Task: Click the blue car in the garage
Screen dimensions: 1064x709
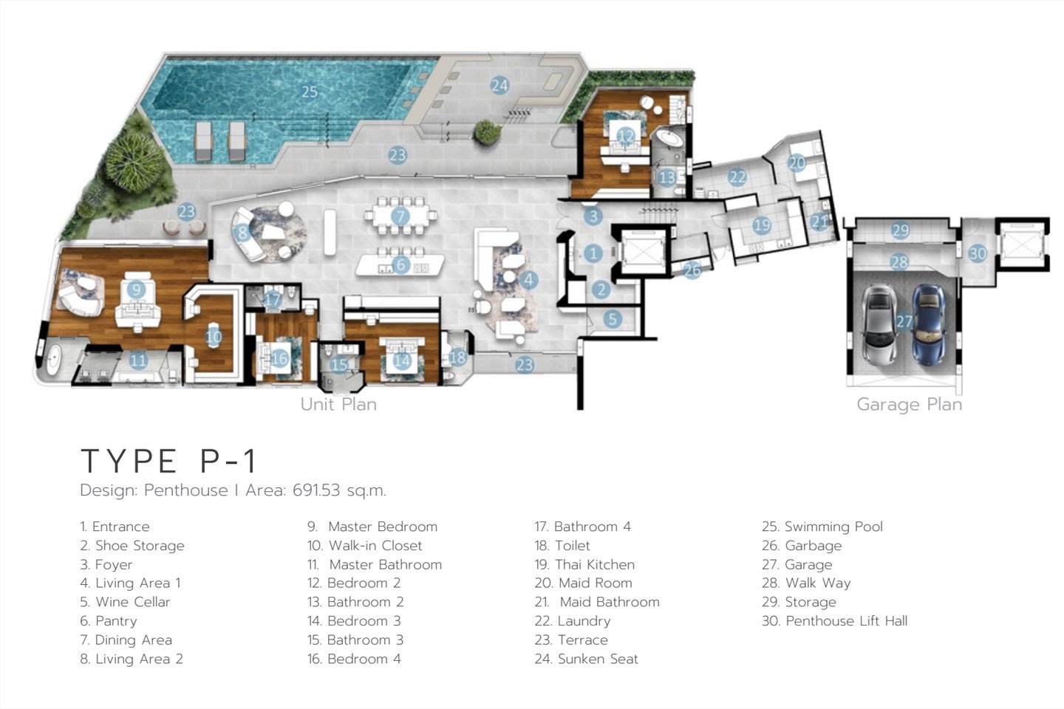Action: point(928,325)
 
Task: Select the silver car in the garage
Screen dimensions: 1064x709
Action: point(879,325)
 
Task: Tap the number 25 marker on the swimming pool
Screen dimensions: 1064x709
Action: point(310,91)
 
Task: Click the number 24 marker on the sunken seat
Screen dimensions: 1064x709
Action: point(499,86)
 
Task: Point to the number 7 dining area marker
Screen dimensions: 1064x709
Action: point(400,216)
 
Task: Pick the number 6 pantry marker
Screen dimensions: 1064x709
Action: point(401,265)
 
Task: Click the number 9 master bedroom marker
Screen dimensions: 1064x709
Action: point(136,290)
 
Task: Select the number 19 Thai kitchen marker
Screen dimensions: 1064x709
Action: point(762,225)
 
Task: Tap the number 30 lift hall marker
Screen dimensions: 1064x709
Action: point(978,253)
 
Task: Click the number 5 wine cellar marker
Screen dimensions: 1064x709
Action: point(613,319)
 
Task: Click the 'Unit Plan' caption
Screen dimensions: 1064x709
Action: point(338,405)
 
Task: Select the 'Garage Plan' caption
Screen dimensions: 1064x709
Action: point(909,405)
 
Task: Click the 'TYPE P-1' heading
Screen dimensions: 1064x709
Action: point(169,461)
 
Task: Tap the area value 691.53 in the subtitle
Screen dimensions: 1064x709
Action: point(316,490)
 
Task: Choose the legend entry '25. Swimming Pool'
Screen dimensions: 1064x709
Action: point(822,527)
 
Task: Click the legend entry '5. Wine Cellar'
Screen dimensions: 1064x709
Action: point(125,602)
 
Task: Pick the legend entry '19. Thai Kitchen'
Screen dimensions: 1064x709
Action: point(584,565)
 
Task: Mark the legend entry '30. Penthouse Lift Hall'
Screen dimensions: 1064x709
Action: point(835,621)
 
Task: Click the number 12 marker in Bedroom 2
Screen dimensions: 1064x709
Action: point(626,137)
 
